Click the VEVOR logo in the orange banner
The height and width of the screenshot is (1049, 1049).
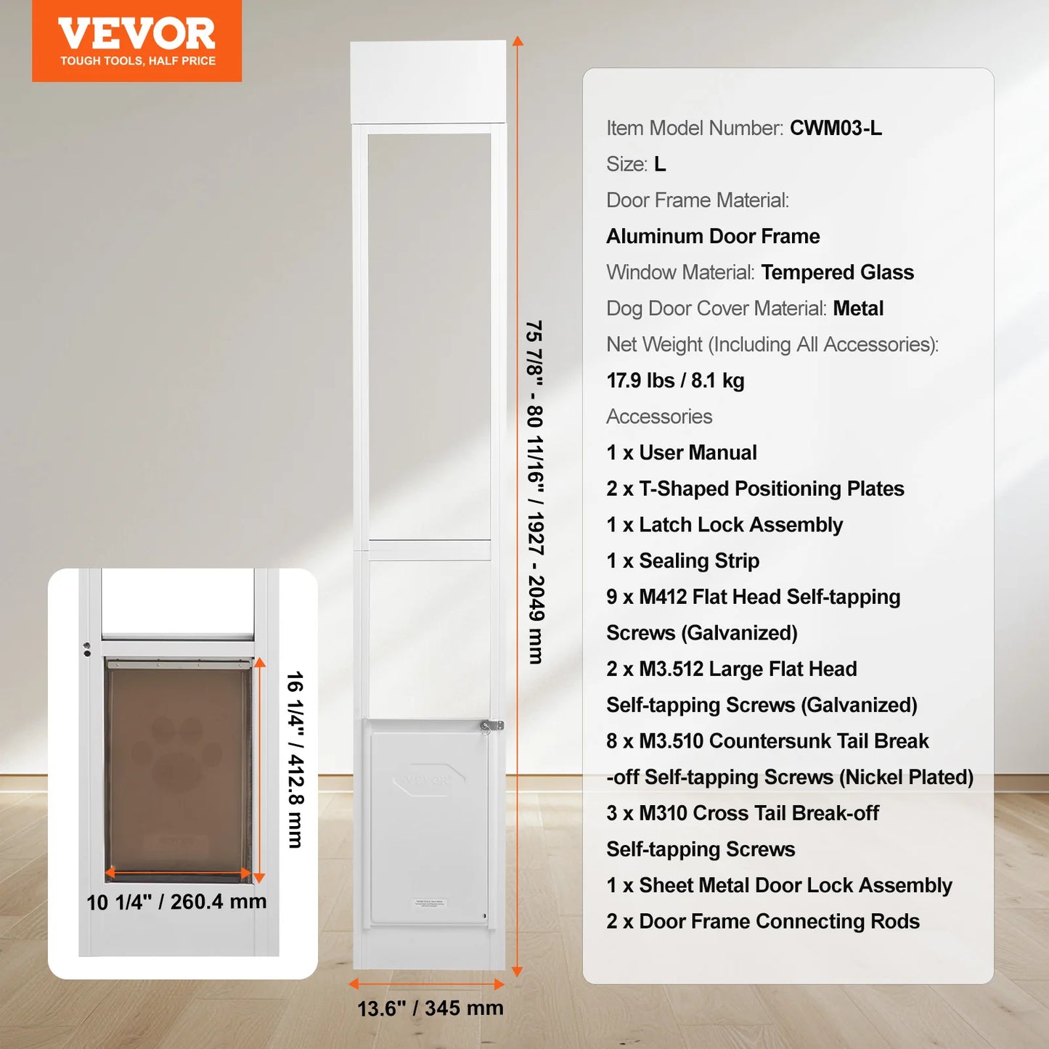136,33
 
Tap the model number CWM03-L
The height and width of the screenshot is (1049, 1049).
836,128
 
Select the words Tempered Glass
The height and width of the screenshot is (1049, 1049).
837,272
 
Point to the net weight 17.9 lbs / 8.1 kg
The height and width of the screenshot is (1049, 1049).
675,380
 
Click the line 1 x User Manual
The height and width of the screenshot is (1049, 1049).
681,452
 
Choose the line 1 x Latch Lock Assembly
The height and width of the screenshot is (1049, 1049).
724,525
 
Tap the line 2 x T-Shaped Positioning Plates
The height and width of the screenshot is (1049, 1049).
755,489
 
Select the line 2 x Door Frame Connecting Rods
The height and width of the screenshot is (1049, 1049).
762,921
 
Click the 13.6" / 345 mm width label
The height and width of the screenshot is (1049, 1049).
430,1008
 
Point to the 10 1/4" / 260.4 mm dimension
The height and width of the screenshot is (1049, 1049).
176,902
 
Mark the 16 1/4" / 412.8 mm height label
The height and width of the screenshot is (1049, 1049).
295,759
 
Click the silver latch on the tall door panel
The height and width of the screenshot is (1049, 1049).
491,725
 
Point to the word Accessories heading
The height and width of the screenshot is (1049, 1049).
659,417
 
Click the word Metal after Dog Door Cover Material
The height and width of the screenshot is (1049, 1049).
858,309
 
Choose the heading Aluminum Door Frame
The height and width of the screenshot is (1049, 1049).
713,236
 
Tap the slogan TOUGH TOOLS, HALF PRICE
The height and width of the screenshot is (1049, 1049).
137,61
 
